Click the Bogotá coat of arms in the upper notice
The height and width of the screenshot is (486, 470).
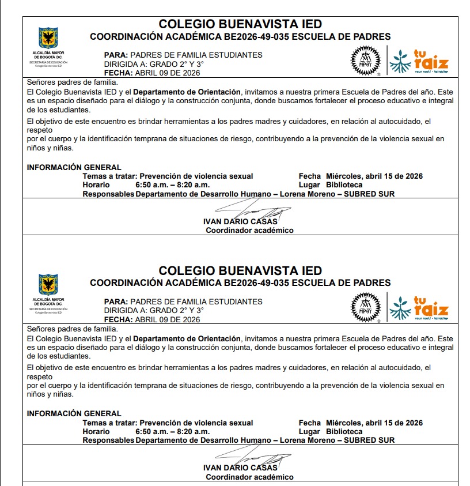(48, 38)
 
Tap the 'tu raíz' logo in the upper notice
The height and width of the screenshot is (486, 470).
(419, 61)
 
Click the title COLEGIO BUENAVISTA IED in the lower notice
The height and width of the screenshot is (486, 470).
(240, 270)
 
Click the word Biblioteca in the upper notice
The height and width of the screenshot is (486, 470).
(344, 185)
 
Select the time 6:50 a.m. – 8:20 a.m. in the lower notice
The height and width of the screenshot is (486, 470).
(172, 431)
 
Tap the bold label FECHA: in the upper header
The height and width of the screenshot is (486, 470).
(118, 73)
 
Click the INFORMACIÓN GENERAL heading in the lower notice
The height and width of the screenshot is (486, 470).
(74, 413)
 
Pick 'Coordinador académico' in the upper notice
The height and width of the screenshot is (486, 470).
(249, 230)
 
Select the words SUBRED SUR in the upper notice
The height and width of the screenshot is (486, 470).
(369, 194)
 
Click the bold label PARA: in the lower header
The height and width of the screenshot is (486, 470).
(116, 302)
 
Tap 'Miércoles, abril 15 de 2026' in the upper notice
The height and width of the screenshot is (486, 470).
(374, 176)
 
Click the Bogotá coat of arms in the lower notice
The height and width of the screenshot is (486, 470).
(48, 284)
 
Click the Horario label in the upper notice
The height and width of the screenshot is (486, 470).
(96, 185)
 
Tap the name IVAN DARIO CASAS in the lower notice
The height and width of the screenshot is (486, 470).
(240, 468)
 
